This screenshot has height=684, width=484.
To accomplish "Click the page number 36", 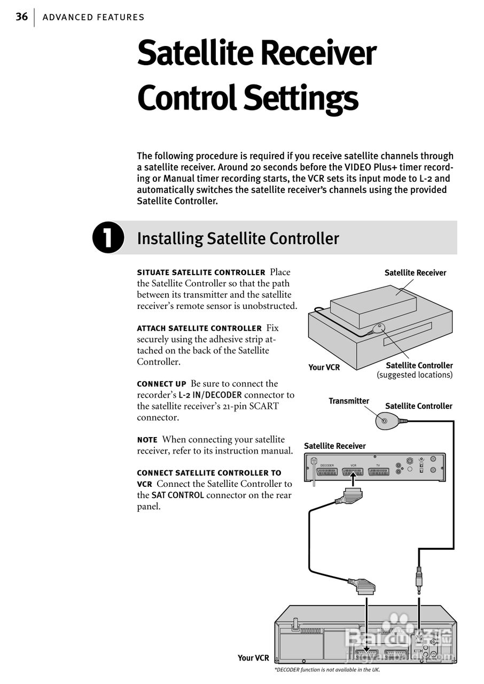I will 21,17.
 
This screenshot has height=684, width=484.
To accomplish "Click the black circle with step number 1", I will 108,238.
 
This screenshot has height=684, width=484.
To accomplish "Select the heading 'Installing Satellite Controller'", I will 238,238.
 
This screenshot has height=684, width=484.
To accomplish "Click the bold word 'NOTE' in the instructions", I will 147,440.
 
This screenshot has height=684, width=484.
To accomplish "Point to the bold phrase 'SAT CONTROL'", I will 177,495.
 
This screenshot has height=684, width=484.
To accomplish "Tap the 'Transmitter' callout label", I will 348,401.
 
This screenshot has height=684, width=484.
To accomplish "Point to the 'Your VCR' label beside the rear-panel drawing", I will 253,658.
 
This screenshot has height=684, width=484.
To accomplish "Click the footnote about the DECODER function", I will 327,670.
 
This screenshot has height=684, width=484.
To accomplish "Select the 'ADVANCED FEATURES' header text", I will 93,17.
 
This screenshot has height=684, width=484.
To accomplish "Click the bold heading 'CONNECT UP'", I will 161,384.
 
